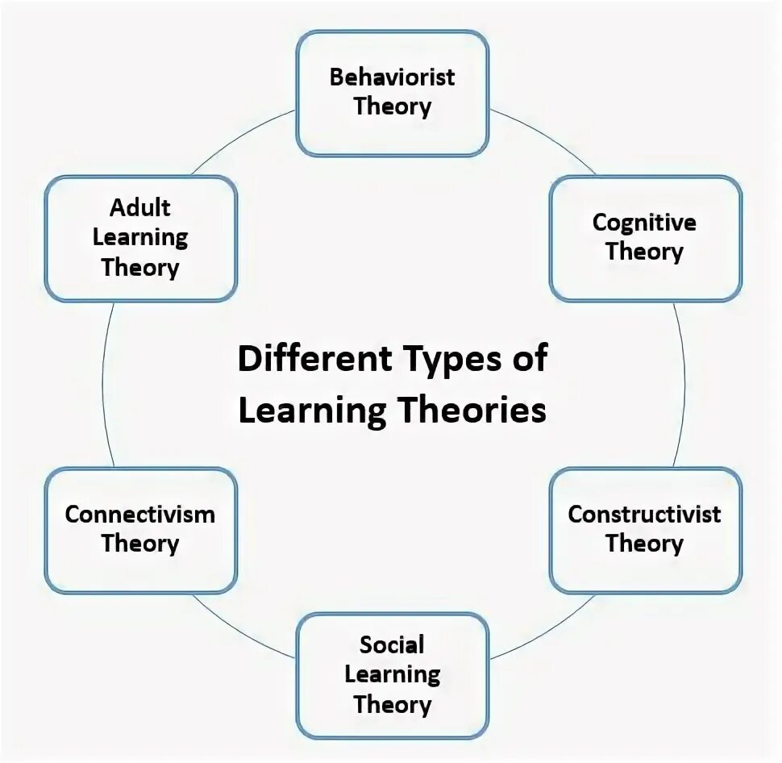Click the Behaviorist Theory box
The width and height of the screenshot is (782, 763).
click(x=393, y=93)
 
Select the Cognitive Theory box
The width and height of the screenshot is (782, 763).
click(x=645, y=238)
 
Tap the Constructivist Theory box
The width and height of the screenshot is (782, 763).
click(x=645, y=530)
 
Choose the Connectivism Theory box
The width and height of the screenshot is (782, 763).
click(x=140, y=530)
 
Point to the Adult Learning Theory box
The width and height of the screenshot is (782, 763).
click(x=140, y=238)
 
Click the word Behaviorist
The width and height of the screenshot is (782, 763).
click(x=393, y=77)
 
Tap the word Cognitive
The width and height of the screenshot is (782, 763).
click(x=644, y=223)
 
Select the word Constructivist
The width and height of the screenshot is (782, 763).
click(x=644, y=515)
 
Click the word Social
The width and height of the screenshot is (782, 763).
click(x=393, y=644)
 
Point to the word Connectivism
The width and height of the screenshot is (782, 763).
click(x=140, y=515)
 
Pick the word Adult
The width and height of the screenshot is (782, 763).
click(x=140, y=208)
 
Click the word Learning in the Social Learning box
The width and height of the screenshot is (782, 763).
click(x=393, y=674)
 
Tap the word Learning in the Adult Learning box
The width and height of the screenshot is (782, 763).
click(x=140, y=238)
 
